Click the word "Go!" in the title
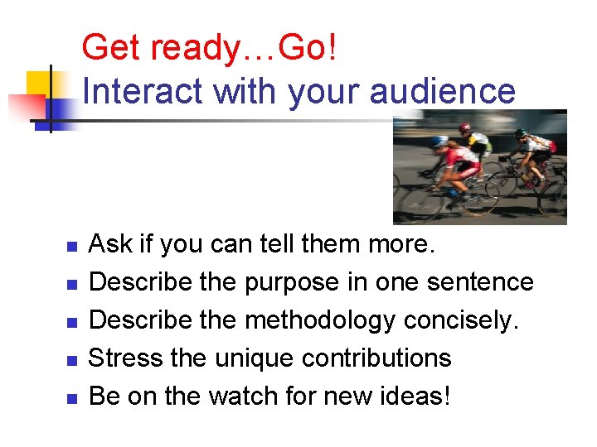[308, 48]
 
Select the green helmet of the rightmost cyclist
[520, 133]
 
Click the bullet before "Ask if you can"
[71, 247]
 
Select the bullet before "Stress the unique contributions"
[71, 360]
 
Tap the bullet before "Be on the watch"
[71, 398]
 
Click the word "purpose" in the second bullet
[292, 283]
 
